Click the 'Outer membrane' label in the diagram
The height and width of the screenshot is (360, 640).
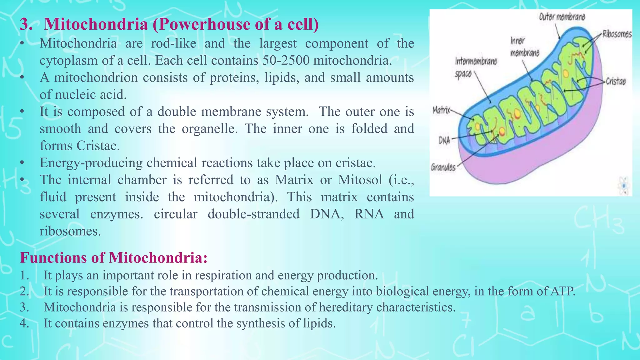562,17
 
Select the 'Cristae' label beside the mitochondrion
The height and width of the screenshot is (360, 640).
616,82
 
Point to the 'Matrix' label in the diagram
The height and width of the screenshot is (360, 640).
441,110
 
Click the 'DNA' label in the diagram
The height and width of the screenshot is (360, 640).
444,140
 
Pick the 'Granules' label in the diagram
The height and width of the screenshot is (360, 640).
443,167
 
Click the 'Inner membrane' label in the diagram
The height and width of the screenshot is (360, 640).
524,47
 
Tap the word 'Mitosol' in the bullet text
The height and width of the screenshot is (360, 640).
360,180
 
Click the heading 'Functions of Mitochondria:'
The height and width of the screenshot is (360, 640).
114,258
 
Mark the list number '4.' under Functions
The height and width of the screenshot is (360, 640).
24,323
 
